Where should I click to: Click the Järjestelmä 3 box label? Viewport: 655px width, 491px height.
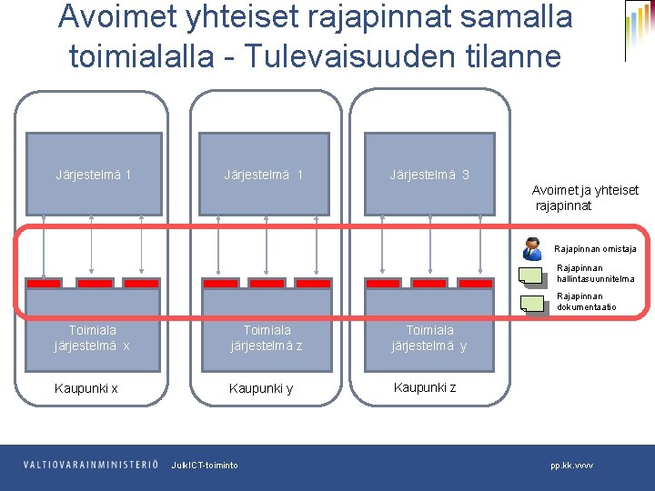pyautogui.click(x=429, y=175)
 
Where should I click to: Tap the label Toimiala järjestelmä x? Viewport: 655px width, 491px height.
pyautogui.click(x=92, y=338)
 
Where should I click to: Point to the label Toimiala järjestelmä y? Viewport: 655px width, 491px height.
pyautogui.click(x=429, y=338)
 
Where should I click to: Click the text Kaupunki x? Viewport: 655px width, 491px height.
pyautogui.click(x=86, y=388)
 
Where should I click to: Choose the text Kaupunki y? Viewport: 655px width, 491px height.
pyautogui.click(x=261, y=388)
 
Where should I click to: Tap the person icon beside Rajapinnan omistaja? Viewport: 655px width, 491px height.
pyautogui.click(x=532, y=247)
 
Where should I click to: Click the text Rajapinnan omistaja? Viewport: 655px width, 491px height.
pyautogui.click(x=596, y=248)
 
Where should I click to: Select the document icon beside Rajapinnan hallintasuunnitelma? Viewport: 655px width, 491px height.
pyautogui.click(x=529, y=275)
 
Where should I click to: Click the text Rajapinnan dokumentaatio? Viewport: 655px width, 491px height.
pyautogui.click(x=587, y=301)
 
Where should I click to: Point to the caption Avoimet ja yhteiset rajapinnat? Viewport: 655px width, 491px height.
pyautogui.click(x=585, y=197)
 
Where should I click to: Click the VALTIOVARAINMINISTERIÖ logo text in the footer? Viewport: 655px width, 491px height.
pyautogui.click(x=91, y=465)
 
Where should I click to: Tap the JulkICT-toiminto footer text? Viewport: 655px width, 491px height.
pyautogui.click(x=205, y=466)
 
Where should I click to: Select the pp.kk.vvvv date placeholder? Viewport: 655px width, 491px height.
pyautogui.click(x=571, y=466)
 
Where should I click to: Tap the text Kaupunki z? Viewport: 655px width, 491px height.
pyautogui.click(x=425, y=386)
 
